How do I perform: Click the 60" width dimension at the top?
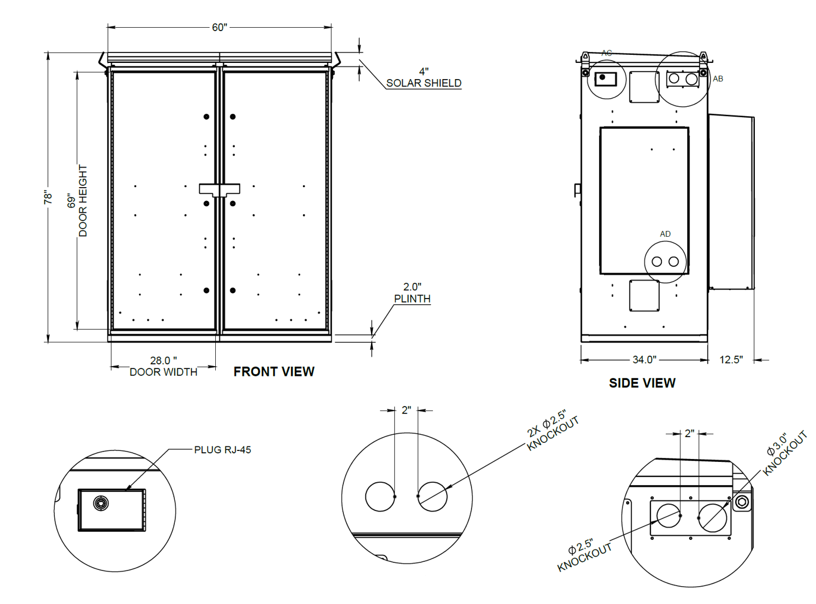220,28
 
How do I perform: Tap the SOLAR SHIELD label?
424,83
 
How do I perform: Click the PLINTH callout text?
412,299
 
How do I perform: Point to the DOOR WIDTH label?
163,372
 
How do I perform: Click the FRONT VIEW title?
274,372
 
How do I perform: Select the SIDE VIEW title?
642,383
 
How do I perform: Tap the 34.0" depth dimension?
644,359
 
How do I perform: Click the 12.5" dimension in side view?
731,359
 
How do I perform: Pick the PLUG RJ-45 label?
223,450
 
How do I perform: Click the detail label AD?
665,234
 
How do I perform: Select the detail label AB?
718,79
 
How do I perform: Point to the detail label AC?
607,53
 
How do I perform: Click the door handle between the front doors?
220,189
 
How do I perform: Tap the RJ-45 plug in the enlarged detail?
101,503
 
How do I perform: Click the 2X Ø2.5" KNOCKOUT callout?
552,430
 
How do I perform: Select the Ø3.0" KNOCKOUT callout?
784,454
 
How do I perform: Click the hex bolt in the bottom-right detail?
742,502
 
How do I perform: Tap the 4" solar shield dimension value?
424,72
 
